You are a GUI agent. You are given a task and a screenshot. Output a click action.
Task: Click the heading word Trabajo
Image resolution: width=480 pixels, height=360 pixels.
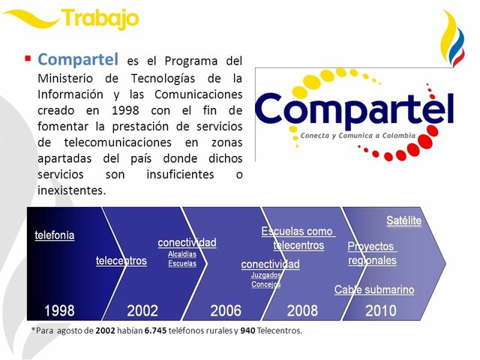pyautogui.click(x=100, y=19)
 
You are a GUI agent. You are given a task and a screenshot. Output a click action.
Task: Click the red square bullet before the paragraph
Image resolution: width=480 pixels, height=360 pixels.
pyautogui.click(x=28, y=58)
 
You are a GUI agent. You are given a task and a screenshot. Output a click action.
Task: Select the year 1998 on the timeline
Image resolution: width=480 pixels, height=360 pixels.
pyautogui.click(x=59, y=310)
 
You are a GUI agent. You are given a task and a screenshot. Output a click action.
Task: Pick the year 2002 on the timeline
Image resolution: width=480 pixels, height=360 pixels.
pyautogui.click(x=142, y=310)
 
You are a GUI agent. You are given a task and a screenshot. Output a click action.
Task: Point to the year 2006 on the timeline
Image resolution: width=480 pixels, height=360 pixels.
pyautogui.click(x=226, y=310)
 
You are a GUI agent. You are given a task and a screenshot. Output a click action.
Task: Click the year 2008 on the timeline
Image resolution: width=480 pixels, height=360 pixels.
pyautogui.click(x=302, y=310)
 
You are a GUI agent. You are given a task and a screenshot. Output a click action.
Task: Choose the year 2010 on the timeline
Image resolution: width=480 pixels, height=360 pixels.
pyautogui.click(x=381, y=310)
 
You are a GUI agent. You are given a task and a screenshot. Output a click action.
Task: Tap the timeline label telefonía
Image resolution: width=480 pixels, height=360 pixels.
pyautogui.click(x=55, y=235)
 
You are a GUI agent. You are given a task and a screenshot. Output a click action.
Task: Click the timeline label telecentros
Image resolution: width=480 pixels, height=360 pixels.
pyautogui.click(x=121, y=261)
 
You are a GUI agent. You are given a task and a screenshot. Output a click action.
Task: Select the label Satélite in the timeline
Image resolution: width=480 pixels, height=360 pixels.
pyautogui.click(x=403, y=220)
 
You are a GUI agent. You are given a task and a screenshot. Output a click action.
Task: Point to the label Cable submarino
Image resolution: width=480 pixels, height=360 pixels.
pyautogui.click(x=373, y=289)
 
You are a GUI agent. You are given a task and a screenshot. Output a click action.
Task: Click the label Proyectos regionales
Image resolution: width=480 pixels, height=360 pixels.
pyautogui.click(x=372, y=253)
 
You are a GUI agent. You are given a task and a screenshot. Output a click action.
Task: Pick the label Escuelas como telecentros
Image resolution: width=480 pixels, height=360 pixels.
pyautogui.click(x=297, y=238)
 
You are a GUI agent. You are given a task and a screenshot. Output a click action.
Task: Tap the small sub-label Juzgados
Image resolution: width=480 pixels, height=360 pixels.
pyautogui.click(x=265, y=275)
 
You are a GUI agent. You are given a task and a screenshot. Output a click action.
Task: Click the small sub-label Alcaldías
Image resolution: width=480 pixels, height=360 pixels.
pyautogui.click(x=182, y=254)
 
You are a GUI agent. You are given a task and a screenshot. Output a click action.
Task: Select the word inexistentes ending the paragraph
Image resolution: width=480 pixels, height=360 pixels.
pyautogui.click(x=71, y=190)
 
